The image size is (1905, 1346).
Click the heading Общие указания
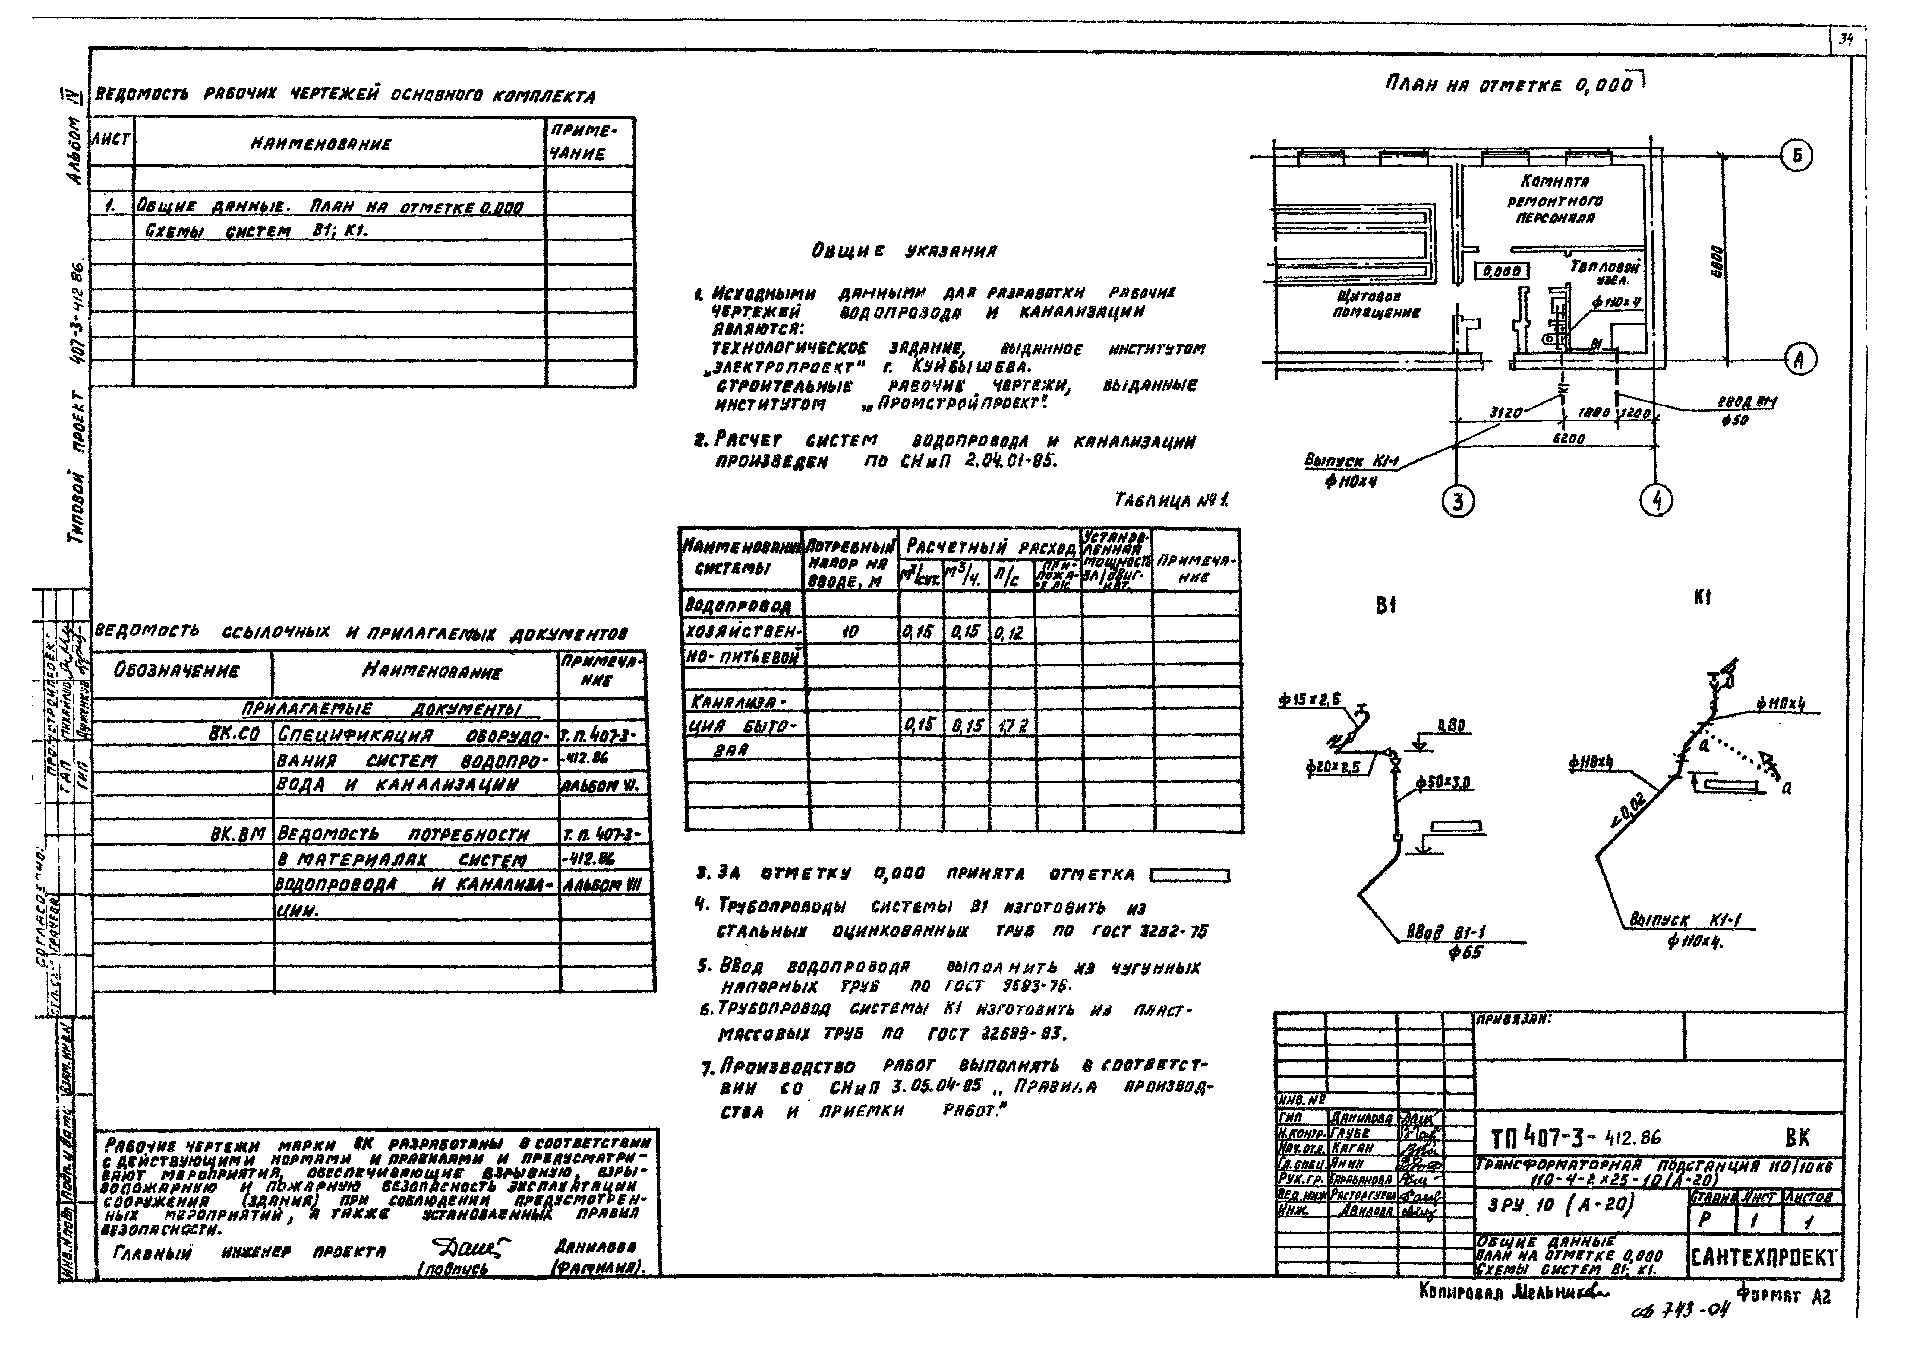pyautogui.click(x=904, y=250)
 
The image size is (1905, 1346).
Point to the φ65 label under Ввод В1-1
pyautogui.click(x=1464, y=954)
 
